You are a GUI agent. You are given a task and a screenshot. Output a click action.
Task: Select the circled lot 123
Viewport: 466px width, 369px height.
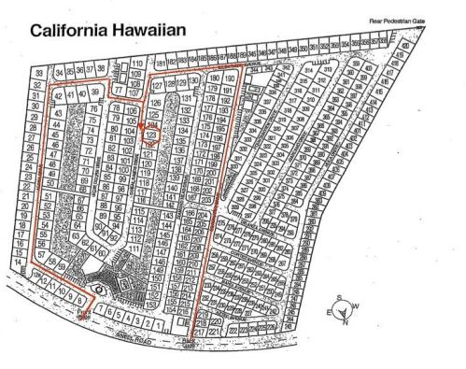pyautogui.click(x=151, y=135)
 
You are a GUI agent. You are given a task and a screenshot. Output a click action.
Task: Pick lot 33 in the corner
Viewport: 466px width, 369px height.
pyautogui.click(x=39, y=73)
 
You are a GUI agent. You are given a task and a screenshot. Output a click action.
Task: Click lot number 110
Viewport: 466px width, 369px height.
pyautogui.click(x=137, y=64)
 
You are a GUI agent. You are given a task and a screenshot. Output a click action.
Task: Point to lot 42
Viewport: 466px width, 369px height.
pyautogui.click(x=58, y=95)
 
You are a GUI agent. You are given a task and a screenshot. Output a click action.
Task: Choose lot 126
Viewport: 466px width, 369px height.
pyautogui.click(x=155, y=101)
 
